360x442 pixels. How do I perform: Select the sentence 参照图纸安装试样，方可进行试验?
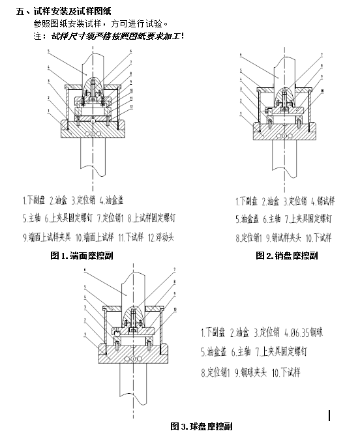tap(102, 23)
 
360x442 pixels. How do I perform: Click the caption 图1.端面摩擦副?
tap(82, 256)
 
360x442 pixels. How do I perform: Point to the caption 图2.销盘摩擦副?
tap(287, 256)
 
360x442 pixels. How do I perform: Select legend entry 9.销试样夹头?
tap(284, 238)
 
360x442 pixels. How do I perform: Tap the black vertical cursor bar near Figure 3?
tap(331, 415)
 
